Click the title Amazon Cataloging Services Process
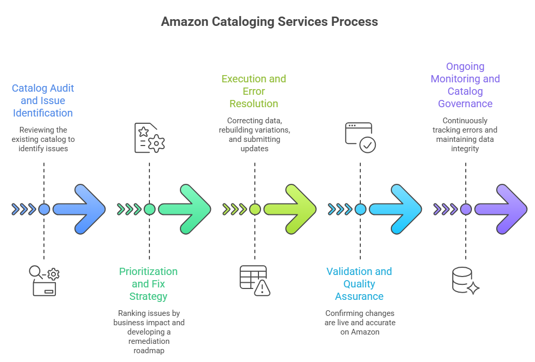point(269,22)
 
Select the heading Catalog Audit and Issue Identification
point(43,100)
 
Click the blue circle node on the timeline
point(44,209)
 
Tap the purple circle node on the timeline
point(466,209)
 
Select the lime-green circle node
point(255,209)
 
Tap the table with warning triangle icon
point(255,280)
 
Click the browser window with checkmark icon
point(360,137)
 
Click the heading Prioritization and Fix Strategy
point(148,284)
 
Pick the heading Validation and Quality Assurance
point(359,284)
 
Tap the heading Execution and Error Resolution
point(254,91)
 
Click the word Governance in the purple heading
point(465,104)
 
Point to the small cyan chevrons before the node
point(340,209)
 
